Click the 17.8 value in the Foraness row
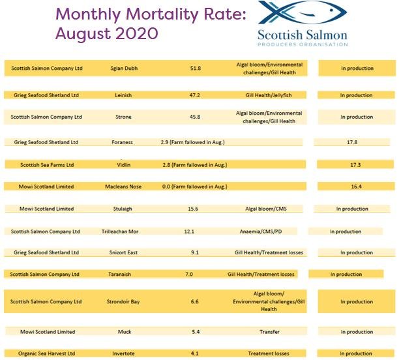pos(355,142)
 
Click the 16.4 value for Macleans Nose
pos(355,187)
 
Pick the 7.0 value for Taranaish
pos(189,275)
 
